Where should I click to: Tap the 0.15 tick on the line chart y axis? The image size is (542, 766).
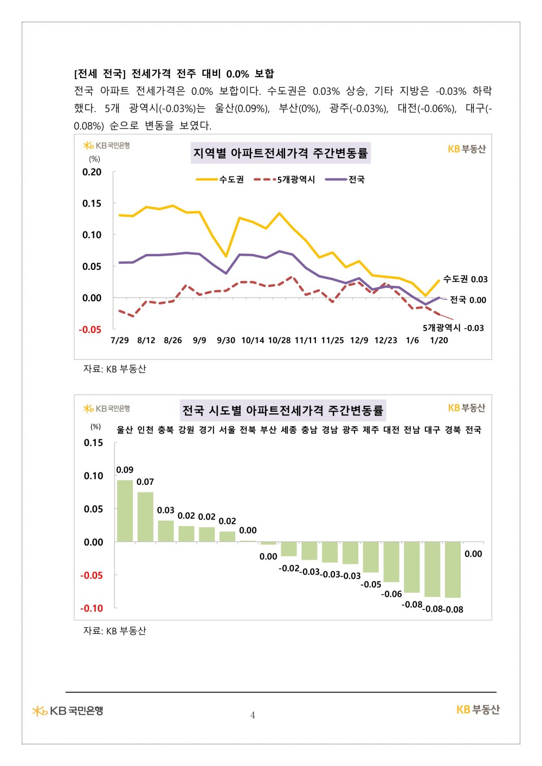click(x=92, y=204)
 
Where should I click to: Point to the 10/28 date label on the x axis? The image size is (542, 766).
click(x=279, y=340)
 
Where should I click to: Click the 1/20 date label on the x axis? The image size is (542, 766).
click(x=439, y=340)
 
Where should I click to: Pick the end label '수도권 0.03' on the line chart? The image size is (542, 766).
click(x=465, y=279)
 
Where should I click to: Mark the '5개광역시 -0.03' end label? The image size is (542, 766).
click(x=453, y=328)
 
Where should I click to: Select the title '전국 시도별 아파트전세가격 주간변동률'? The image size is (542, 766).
click(x=282, y=410)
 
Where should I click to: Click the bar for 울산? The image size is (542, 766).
click(x=125, y=510)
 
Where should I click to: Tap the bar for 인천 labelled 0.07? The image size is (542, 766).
click(x=145, y=516)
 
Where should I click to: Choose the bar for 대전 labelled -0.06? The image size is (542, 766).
click(x=391, y=562)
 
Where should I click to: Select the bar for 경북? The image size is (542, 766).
click(x=453, y=569)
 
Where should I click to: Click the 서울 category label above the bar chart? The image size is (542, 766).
click(x=227, y=430)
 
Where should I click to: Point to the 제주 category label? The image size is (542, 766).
click(x=371, y=430)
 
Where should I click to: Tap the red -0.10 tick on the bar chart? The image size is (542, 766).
click(x=92, y=608)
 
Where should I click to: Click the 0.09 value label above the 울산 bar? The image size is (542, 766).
click(x=125, y=470)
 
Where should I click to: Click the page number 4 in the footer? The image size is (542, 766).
click(x=253, y=715)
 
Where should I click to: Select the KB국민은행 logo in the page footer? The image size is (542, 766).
click(x=68, y=710)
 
